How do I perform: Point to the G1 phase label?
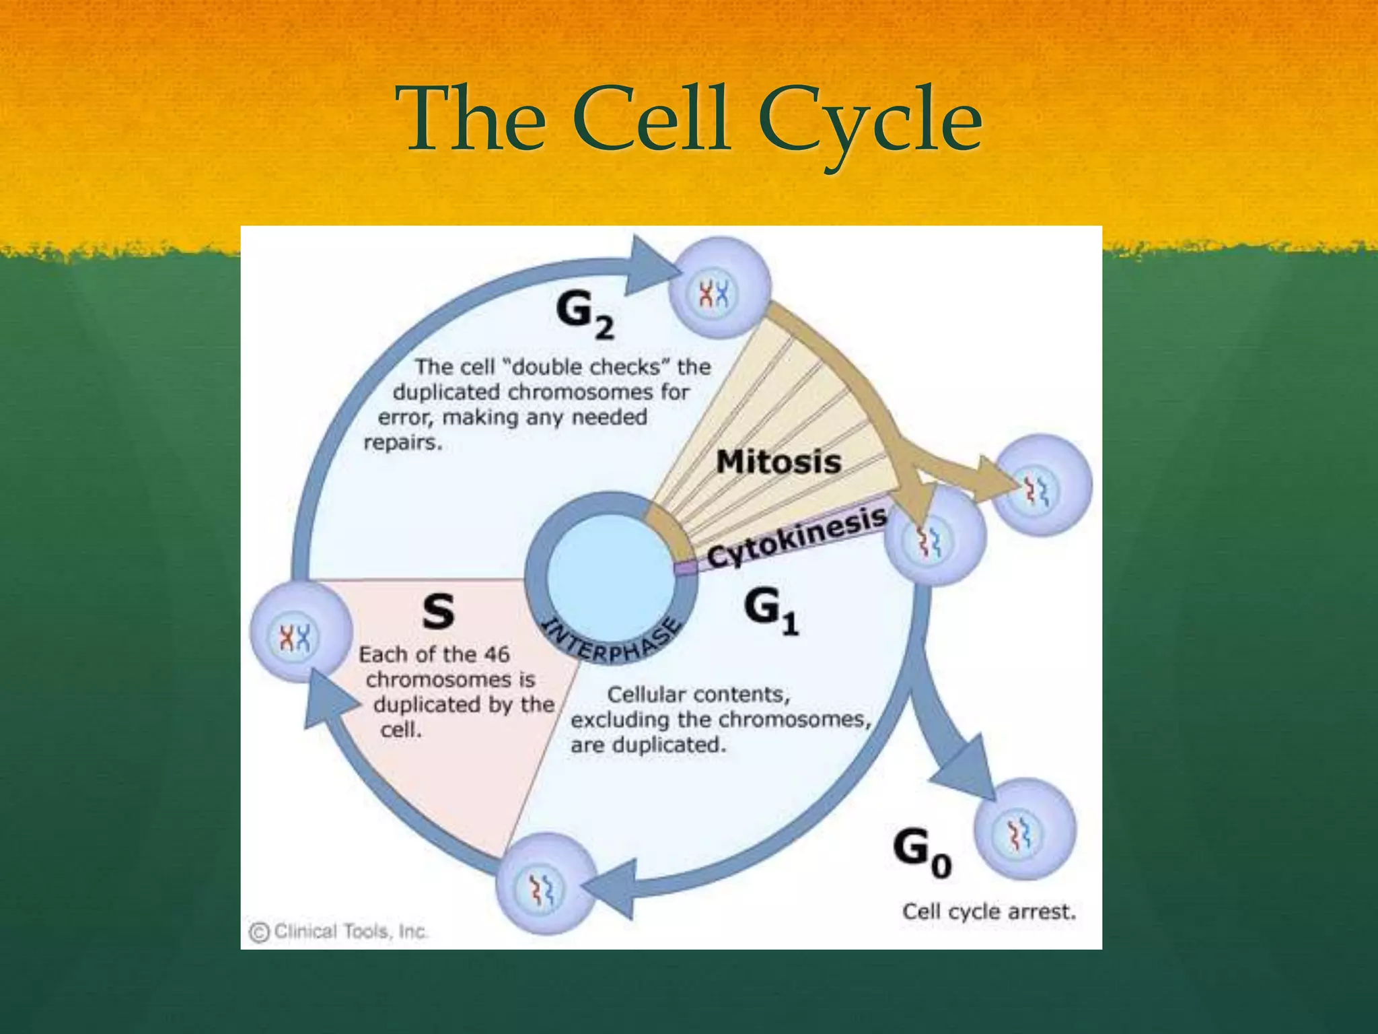point(770,611)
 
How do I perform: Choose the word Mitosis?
point(778,462)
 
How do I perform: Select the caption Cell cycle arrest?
point(988,911)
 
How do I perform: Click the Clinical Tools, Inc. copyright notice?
point(338,932)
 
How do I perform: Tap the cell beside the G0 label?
point(1024,829)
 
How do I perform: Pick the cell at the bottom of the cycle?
point(546,883)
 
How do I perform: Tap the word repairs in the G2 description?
point(402,443)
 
